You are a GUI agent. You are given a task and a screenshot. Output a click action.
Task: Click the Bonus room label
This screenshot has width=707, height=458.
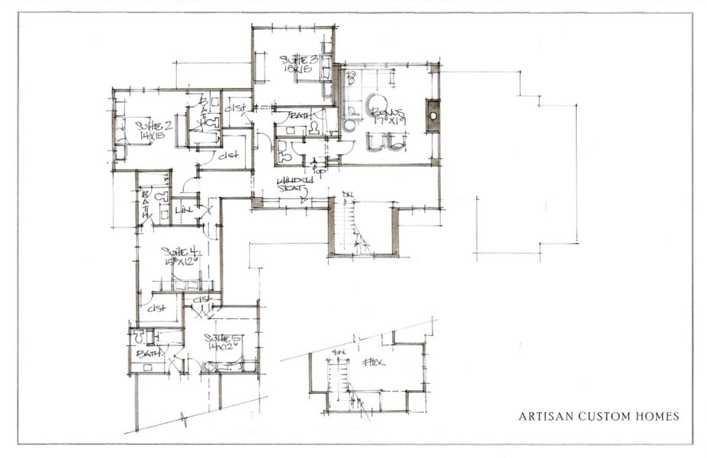(x=387, y=112)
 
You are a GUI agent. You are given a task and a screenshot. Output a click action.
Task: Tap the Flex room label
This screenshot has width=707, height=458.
(x=374, y=361)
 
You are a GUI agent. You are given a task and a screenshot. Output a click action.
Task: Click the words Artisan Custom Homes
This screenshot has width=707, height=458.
(x=598, y=416)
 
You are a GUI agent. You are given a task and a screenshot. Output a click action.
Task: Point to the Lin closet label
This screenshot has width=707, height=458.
(x=184, y=209)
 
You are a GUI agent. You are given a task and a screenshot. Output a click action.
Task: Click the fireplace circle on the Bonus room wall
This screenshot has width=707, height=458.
(x=433, y=116)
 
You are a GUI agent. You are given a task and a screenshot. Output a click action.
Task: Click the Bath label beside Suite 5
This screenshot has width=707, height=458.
(x=145, y=355)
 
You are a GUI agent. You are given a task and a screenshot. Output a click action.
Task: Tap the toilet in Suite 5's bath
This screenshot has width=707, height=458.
(x=139, y=335)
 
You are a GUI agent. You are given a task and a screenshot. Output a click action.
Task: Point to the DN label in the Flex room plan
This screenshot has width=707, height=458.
(x=339, y=352)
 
